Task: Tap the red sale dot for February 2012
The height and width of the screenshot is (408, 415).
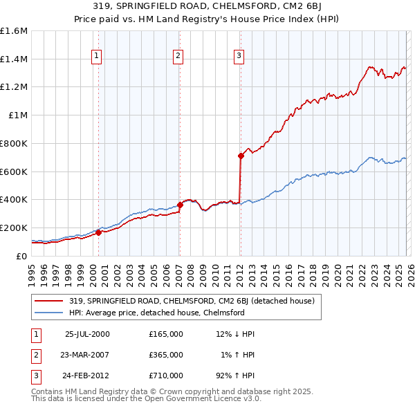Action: click(241, 156)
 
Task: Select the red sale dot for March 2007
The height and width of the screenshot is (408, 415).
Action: click(180, 204)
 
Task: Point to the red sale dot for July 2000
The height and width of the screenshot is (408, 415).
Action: click(98, 232)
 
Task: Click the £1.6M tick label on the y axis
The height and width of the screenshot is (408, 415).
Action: click(14, 31)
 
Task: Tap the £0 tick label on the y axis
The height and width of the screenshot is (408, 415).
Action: click(22, 256)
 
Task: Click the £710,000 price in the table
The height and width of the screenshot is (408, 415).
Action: click(165, 377)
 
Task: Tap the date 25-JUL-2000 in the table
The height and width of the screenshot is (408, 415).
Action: click(86, 333)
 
